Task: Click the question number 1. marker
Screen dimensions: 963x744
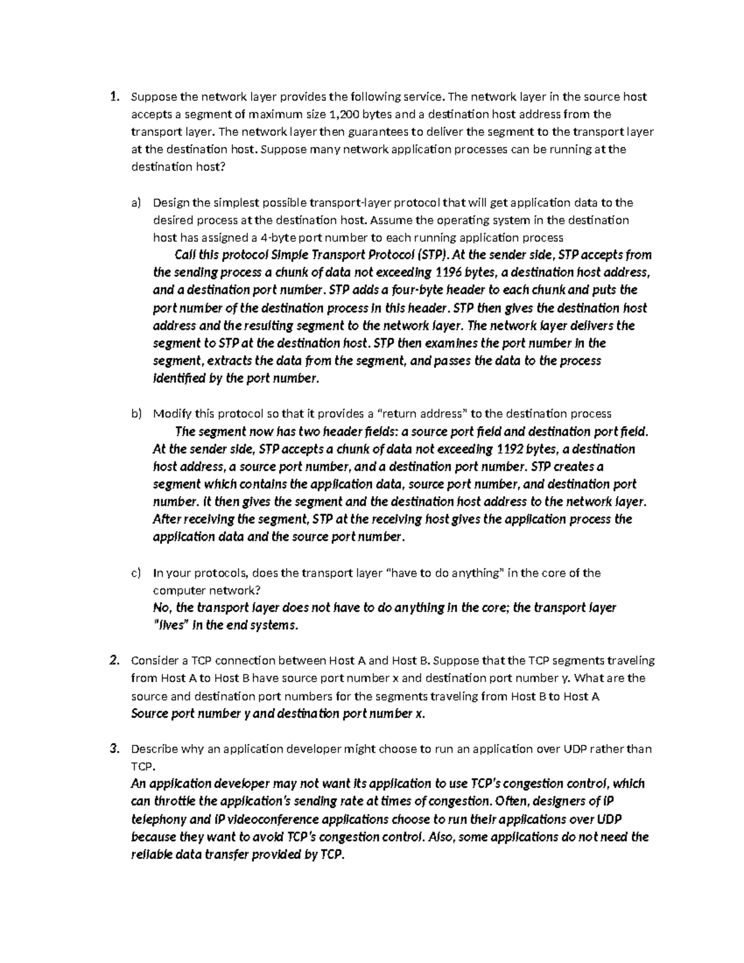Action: point(113,96)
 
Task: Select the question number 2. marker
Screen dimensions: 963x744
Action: point(113,660)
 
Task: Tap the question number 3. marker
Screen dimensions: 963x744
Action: point(113,748)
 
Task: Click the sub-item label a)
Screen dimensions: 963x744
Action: point(136,202)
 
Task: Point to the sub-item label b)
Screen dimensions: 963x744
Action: point(136,414)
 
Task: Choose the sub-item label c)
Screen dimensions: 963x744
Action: point(136,572)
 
